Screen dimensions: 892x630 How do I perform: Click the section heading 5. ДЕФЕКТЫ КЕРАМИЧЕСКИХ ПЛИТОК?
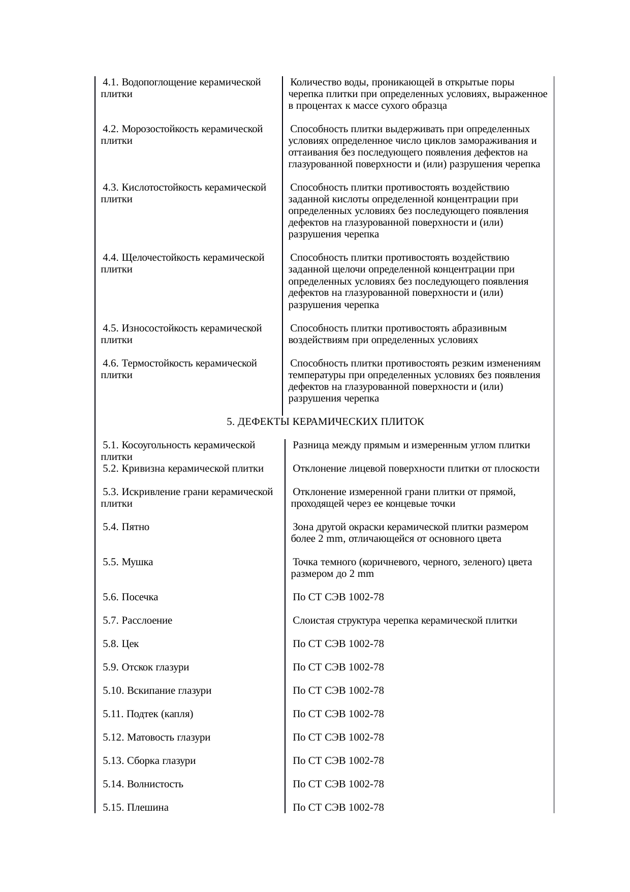325,422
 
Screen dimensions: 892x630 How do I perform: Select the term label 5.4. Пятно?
126,527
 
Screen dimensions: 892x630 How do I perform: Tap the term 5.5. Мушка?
128,562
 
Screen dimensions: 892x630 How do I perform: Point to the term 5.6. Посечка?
130,597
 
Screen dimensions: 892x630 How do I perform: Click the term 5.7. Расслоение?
137,621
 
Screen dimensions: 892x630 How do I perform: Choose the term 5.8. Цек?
120,644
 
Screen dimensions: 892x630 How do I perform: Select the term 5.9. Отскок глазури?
146,667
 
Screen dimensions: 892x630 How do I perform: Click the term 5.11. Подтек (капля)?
148,714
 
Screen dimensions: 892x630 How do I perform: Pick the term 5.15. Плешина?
135,808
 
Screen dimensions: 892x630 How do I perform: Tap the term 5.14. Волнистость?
143,784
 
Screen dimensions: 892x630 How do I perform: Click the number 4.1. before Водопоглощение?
111,82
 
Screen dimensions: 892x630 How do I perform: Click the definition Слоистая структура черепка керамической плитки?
405,621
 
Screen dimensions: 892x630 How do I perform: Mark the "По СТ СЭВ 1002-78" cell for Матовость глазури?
338,737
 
